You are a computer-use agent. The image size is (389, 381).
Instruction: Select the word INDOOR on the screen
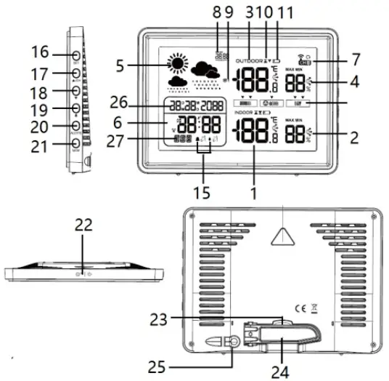tap(247, 115)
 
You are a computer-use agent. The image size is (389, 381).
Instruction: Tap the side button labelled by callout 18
tap(76, 90)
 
